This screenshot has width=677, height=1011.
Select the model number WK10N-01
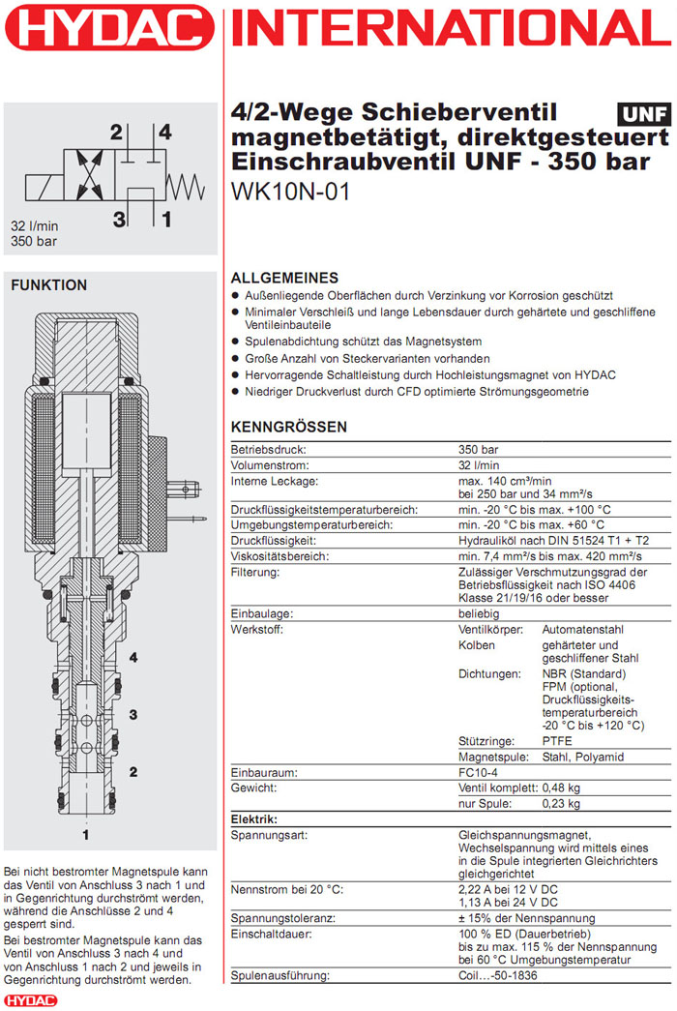click(291, 192)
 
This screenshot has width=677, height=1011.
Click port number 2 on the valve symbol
click(116, 132)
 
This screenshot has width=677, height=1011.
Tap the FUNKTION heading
click(48, 285)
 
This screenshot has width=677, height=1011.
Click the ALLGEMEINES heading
click(284, 278)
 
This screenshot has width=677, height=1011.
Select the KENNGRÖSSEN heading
click(288, 428)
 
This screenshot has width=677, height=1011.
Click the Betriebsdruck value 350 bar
click(478, 450)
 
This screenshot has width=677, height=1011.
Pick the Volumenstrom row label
click(263, 465)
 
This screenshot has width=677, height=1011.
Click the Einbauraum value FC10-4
click(480, 773)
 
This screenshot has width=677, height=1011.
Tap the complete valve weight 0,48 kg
click(560, 788)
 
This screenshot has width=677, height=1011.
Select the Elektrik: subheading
click(254, 819)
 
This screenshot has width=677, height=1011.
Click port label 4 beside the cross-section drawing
click(133, 658)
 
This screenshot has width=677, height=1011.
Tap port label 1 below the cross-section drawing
click(86, 832)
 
